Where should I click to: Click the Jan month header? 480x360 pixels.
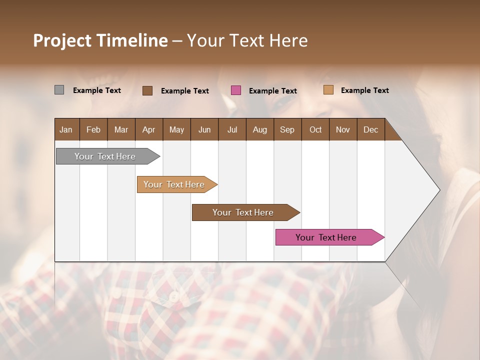point(66,129)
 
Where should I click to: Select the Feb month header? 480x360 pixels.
point(93,129)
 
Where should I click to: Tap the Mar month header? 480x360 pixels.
point(121,129)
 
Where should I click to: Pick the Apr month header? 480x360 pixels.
point(149,129)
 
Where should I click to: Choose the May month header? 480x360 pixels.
point(176,129)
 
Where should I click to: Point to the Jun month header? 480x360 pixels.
point(204,129)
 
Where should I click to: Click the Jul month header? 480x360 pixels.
point(232,129)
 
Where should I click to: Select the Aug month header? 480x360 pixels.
point(260,129)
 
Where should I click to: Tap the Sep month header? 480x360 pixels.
point(287,129)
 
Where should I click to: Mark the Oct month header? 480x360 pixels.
point(315,129)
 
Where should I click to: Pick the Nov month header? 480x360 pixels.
point(343,129)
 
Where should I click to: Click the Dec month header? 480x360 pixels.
point(371,129)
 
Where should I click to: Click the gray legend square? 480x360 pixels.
point(59,90)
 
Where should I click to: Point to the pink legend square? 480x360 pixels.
point(236,90)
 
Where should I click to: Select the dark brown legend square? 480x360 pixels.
point(147,90)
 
